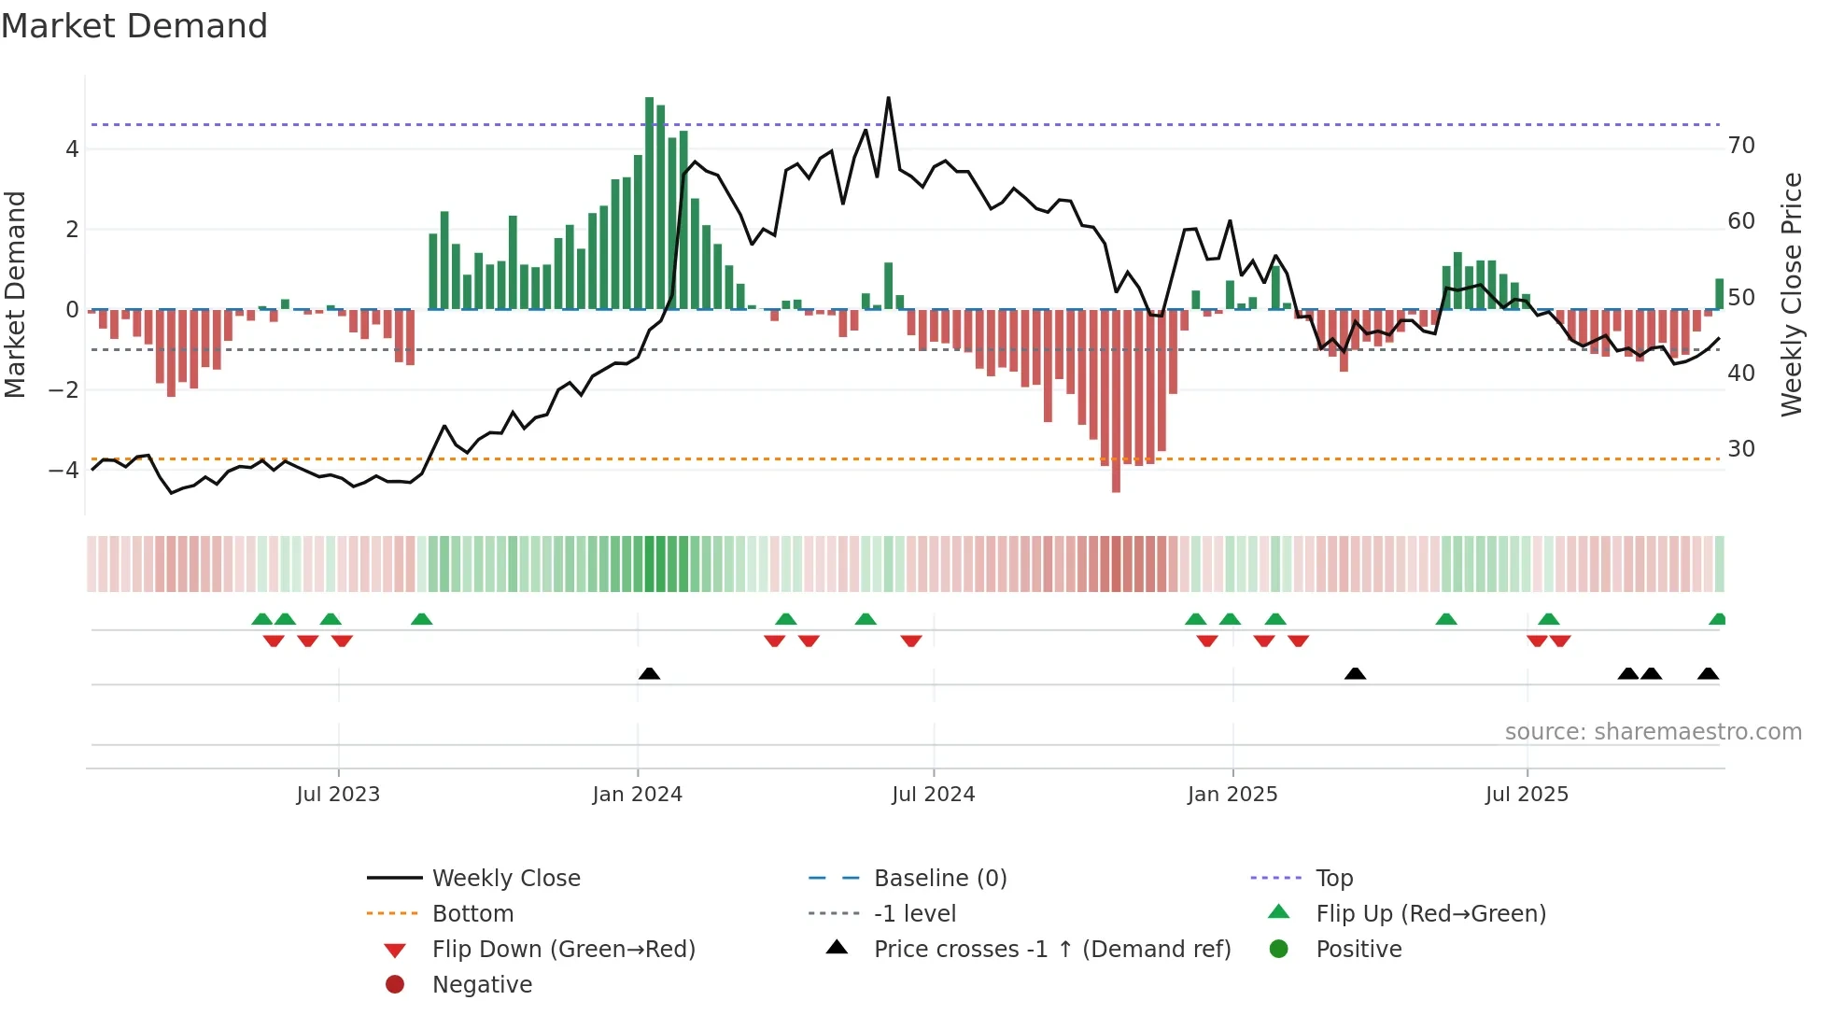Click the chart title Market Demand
click(x=134, y=26)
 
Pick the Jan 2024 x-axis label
click(x=638, y=795)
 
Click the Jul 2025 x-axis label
click(x=1527, y=795)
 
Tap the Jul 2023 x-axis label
click(x=338, y=795)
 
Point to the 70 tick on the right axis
click(x=1741, y=146)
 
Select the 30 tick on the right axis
click(x=1741, y=449)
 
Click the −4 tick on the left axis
click(x=63, y=470)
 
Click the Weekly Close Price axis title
click(x=1791, y=294)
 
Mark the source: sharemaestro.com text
click(x=1653, y=732)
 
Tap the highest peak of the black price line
click(x=888, y=98)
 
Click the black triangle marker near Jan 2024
click(x=649, y=673)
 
